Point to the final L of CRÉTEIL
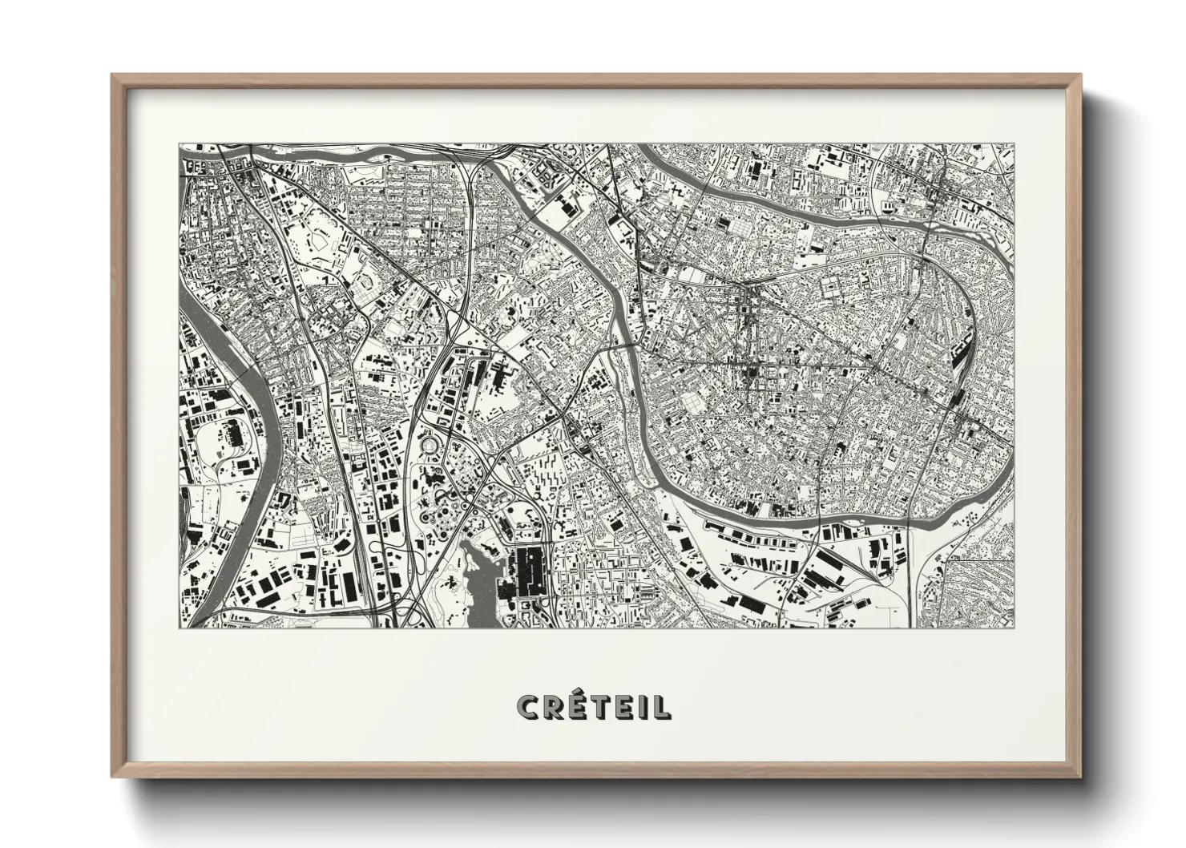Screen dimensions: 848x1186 663,707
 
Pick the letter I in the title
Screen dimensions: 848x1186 647,707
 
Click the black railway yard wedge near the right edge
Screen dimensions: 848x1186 960,369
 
